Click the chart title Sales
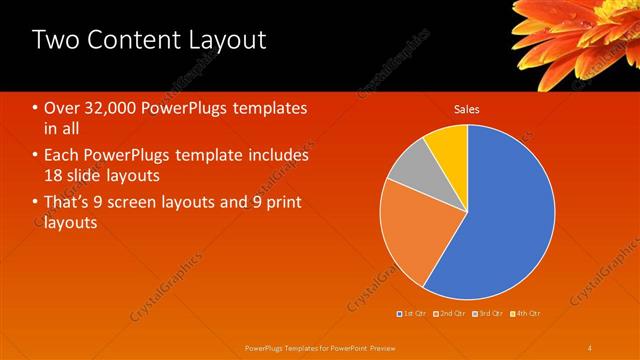(467, 108)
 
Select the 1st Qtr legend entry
(414, 314)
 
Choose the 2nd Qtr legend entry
(452, 314)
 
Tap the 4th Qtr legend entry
(527, 314)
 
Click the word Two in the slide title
(58, 41)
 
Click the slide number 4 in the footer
(590, 347)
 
